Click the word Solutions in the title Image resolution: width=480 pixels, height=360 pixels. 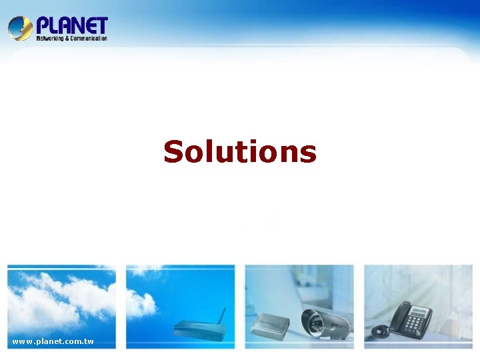click(x=240, y=151)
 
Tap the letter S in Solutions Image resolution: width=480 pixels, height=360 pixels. click(x=174, y=151)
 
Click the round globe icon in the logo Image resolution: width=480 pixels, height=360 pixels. click(x=20, y=28)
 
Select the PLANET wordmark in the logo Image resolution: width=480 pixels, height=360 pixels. click(x=71, y=25)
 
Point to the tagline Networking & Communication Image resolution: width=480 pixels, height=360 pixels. click(x=71, y=39)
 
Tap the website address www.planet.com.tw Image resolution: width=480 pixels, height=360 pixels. click(x=53, y=342)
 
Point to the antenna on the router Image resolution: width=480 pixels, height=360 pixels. click(x=222, y=316)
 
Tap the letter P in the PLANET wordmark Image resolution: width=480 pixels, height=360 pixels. click(x=43, y=25)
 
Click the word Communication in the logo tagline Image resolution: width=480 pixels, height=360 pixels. click(x=89, y=39)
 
